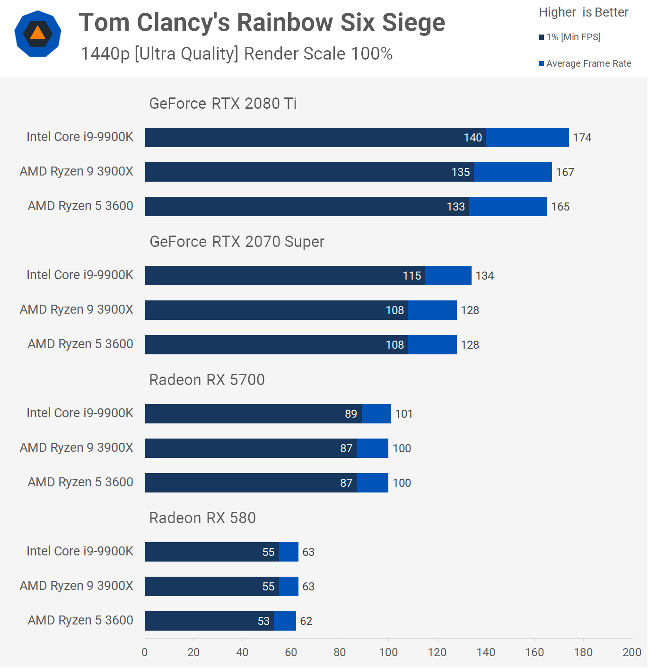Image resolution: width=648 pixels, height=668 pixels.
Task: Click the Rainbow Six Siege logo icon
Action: click(x=38, y=34)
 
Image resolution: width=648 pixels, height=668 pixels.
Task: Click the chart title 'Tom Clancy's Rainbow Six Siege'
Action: click(x=262, y=23)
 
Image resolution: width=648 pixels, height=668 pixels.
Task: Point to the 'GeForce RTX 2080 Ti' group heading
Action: click(x=223, y=103)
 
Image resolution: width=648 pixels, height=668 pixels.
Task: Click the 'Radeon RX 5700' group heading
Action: click(x=207, y=379)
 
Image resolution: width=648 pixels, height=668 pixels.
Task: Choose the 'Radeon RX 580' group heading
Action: click(x=202, y=518)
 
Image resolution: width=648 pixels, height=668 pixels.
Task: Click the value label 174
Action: click(x=582, y=138)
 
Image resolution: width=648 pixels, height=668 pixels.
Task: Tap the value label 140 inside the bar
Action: click(x=473, y=138)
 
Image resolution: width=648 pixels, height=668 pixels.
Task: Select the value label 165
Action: click(x=560, y=207)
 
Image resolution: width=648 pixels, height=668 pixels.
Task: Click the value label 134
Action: click(x=484, y=276)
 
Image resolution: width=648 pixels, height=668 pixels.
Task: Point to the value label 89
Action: click(x=350, y=414)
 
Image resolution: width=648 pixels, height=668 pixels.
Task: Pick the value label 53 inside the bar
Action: click(x=263, y=621)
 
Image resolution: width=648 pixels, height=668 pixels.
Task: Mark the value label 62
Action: click(x=306, y=621)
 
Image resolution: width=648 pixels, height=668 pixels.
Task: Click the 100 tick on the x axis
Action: click(x=388, y=652)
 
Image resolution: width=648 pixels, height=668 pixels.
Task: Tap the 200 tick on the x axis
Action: click(x=631, y=652)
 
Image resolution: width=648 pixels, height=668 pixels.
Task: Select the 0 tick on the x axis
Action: click(x=145, y=652)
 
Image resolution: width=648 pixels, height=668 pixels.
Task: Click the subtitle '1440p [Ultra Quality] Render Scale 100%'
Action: click(x=236, y=54)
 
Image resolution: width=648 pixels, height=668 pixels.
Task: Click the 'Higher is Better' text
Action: click(x=583, y=12)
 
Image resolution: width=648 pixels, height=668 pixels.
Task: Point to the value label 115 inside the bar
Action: click(x=412, y=276)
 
